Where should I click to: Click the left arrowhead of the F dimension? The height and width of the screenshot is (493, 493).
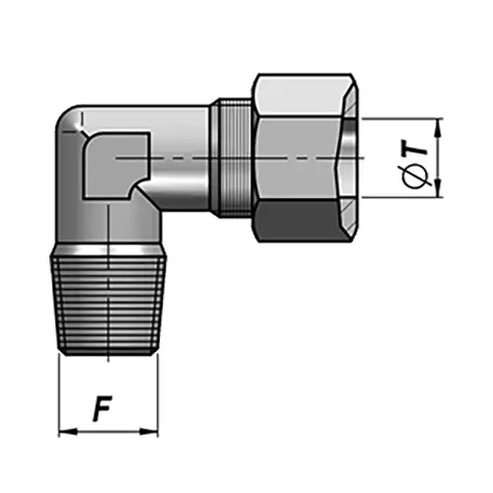[x=65, y=431]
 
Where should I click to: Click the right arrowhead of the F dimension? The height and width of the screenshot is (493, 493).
[x=153, y=431]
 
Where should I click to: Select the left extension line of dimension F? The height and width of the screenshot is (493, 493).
[x=60, y=394]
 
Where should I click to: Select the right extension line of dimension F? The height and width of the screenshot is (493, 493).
[x=159, y=394]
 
